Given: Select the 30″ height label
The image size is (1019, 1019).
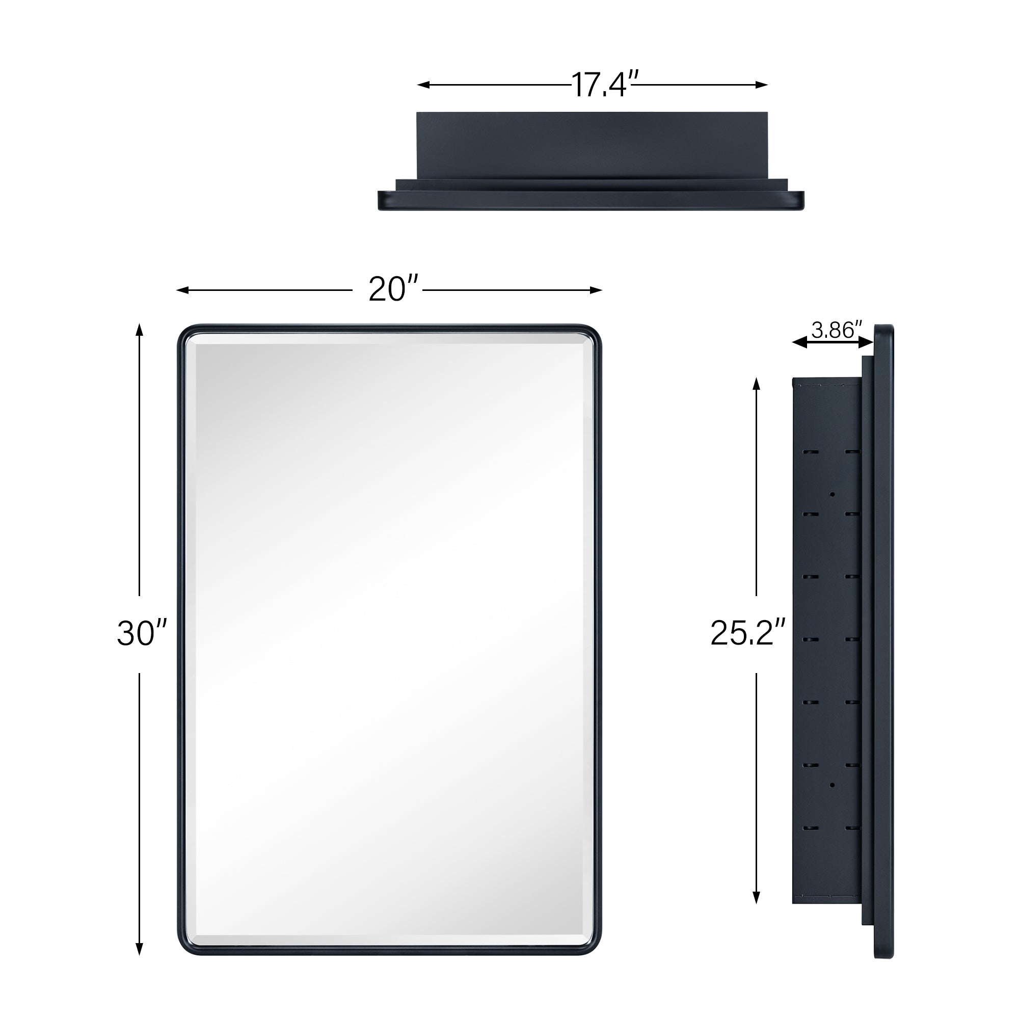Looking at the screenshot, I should (141, 633).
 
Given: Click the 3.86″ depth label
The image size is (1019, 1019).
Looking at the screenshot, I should (836, 330).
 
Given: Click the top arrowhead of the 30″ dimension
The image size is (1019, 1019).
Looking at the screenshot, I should (139, 330).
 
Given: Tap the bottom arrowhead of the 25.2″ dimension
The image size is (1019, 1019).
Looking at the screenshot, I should (756, 898).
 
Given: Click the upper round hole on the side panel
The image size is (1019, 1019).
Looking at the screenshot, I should (833, 494).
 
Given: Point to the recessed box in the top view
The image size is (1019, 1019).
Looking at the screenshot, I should (591, 145).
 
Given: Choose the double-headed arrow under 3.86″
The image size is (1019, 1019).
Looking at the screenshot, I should (833, 343).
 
